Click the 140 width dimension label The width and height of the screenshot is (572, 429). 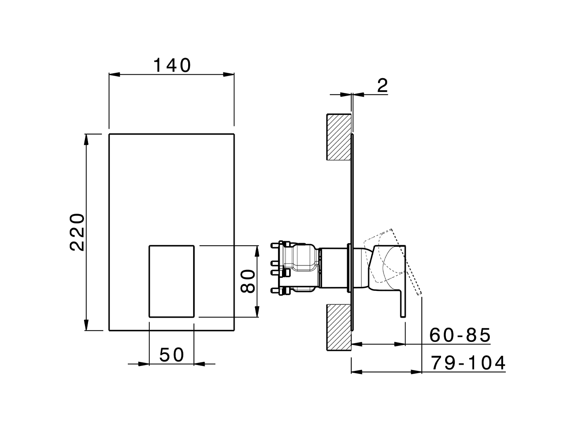tap(172, 66)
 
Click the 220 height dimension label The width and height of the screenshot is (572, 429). tap(78, 232)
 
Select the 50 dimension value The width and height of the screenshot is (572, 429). tap(172, 355)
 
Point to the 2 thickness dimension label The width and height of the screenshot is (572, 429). tap(382, 85)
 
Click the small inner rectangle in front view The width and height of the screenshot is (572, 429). tap(171, 281)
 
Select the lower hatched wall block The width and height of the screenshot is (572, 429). tap(338, 328)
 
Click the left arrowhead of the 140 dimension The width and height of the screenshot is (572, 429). tap(114, 75)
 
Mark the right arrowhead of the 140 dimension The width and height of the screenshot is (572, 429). tap(229, 75)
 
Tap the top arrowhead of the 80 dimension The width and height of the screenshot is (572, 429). tap(257, 250)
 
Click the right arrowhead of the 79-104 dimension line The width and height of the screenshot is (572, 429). tap(417, 372)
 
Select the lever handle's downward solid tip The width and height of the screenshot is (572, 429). tap(402, 308)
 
